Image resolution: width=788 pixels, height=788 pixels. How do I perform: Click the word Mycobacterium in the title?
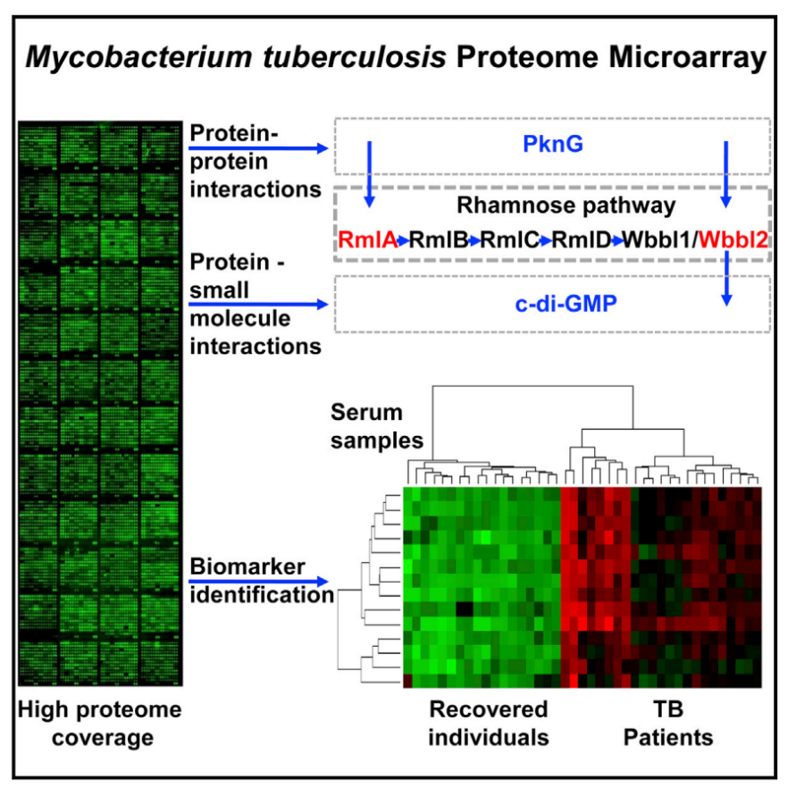tap(138, 58)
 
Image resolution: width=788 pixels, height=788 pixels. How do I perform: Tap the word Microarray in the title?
tap(688, 58)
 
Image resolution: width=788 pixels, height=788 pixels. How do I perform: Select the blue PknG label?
tap(553, 144)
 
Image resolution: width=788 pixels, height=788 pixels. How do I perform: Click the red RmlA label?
tap(367, 239)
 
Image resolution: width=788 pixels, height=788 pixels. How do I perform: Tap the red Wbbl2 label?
tap(734, 239)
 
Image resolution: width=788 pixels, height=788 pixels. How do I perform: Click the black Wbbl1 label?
tap(658, 239)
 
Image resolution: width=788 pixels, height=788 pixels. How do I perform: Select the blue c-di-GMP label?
tap(566, 304)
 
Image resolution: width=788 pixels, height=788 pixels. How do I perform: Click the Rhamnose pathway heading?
tap(566, 205)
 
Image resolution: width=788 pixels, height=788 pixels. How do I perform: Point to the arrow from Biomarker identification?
tap(258, 582)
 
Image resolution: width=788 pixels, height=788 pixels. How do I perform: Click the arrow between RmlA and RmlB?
tap(404, 241)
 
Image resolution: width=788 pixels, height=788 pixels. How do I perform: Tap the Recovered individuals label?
tap(489, 724)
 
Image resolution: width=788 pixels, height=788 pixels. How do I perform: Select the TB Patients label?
tap(668, 724)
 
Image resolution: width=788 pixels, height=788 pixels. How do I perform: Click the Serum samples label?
tap(377, 426)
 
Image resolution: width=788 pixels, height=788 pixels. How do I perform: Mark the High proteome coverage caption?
tap(100, 724)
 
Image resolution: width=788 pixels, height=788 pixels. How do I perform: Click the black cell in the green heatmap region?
tap(464, 609)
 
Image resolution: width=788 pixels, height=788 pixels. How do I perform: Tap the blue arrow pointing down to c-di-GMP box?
tap(726, 278)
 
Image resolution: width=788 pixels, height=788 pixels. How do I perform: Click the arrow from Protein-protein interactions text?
tap(258, 147)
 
